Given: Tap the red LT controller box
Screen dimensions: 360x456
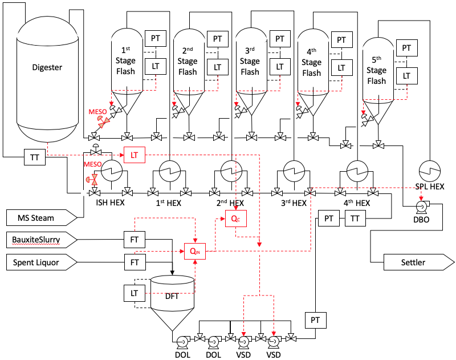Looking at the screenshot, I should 135,154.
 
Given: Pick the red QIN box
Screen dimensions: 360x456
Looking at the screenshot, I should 195,250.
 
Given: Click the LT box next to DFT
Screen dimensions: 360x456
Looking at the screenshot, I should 135,293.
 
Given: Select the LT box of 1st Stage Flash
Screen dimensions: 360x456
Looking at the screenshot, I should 155,67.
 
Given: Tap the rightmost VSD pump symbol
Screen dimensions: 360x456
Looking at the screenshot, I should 274,341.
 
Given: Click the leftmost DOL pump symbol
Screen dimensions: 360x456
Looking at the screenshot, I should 182,341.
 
